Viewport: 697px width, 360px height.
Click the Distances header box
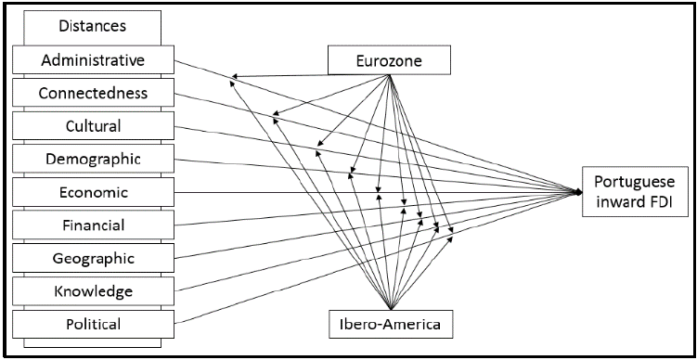click(x=93, y=25)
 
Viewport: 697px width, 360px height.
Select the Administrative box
click(x=93, y=60)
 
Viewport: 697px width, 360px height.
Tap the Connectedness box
click(x=93, y=93)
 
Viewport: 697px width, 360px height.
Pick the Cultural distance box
click(x=93, y=126)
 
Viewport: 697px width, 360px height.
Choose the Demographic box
click(x=93, y=159)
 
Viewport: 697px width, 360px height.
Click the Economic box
click(x=93, y=192)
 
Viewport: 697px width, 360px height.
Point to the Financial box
click(x=93, y=225)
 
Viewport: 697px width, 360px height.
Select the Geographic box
click(x=93, y=258)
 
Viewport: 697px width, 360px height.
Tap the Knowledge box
click(x=93, y=291)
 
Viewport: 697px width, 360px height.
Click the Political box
click(x=93, y=324)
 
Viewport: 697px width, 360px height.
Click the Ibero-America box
click(x=391, y=325)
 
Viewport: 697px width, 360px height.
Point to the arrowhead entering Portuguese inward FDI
click(x=578, y=192)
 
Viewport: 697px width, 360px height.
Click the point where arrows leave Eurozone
click(x=391, y=75)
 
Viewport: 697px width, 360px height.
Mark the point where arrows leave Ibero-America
click(x=391, y=310)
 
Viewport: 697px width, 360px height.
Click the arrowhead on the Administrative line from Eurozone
click(x=235, y=78)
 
